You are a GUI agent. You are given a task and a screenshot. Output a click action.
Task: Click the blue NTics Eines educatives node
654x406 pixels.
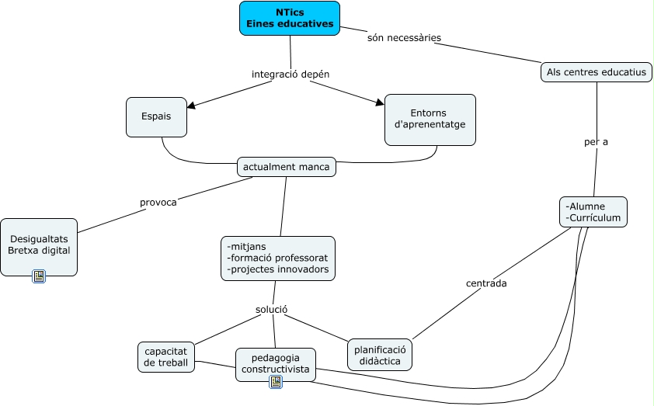290,18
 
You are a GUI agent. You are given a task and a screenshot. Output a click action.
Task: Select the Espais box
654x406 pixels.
156,116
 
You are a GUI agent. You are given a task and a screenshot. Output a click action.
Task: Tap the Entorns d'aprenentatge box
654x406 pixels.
430,119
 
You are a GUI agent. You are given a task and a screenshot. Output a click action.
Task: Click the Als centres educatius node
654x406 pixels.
596,72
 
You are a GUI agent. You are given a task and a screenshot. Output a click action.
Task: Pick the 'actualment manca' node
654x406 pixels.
286,167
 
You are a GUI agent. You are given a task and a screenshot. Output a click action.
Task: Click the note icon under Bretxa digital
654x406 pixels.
39,276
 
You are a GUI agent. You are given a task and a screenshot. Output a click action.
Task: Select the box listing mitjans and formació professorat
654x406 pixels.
277,258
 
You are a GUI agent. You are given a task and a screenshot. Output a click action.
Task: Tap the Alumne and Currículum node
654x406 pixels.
593,212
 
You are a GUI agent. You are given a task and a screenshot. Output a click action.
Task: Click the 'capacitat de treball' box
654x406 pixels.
165,357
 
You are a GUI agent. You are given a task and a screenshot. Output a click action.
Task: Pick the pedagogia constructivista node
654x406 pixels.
275,363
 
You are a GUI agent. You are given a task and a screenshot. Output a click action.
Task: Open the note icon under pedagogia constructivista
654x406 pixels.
275,381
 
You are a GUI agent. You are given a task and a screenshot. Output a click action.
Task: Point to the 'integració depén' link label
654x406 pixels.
290,75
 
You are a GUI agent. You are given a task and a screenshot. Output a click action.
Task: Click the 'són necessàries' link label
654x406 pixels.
404,37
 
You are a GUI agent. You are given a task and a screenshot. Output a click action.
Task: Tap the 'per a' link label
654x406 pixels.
596,142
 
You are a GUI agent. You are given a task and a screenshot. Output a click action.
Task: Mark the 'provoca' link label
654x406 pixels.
158,203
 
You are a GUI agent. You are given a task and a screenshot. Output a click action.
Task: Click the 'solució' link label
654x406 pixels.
272,310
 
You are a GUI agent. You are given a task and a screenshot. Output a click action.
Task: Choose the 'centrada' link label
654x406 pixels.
486,283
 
